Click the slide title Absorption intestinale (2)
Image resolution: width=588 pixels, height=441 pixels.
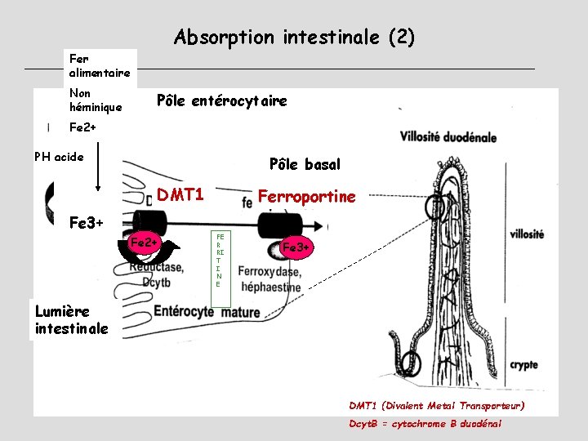pos(294,37)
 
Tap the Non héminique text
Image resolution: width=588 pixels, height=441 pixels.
pos(96,100)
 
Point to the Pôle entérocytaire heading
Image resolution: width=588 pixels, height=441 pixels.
pos(221,101)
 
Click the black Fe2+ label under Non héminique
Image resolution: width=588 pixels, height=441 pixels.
pos(83,127)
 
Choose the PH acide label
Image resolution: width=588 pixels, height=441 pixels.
pos(59,157)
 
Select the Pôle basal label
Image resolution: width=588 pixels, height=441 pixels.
pos(305,164)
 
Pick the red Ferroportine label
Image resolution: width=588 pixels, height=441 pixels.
pos(306,197)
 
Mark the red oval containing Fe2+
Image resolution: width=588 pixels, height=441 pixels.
pos(145,243)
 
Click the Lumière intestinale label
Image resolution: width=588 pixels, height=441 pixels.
pos(72,319)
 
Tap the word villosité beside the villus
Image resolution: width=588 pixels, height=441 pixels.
pos(527,234)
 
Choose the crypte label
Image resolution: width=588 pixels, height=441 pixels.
pos(523,366)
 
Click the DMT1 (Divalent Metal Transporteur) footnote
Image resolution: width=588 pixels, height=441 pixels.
pos(436,405)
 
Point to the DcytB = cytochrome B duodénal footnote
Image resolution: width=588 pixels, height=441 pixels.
pos(425,424)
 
